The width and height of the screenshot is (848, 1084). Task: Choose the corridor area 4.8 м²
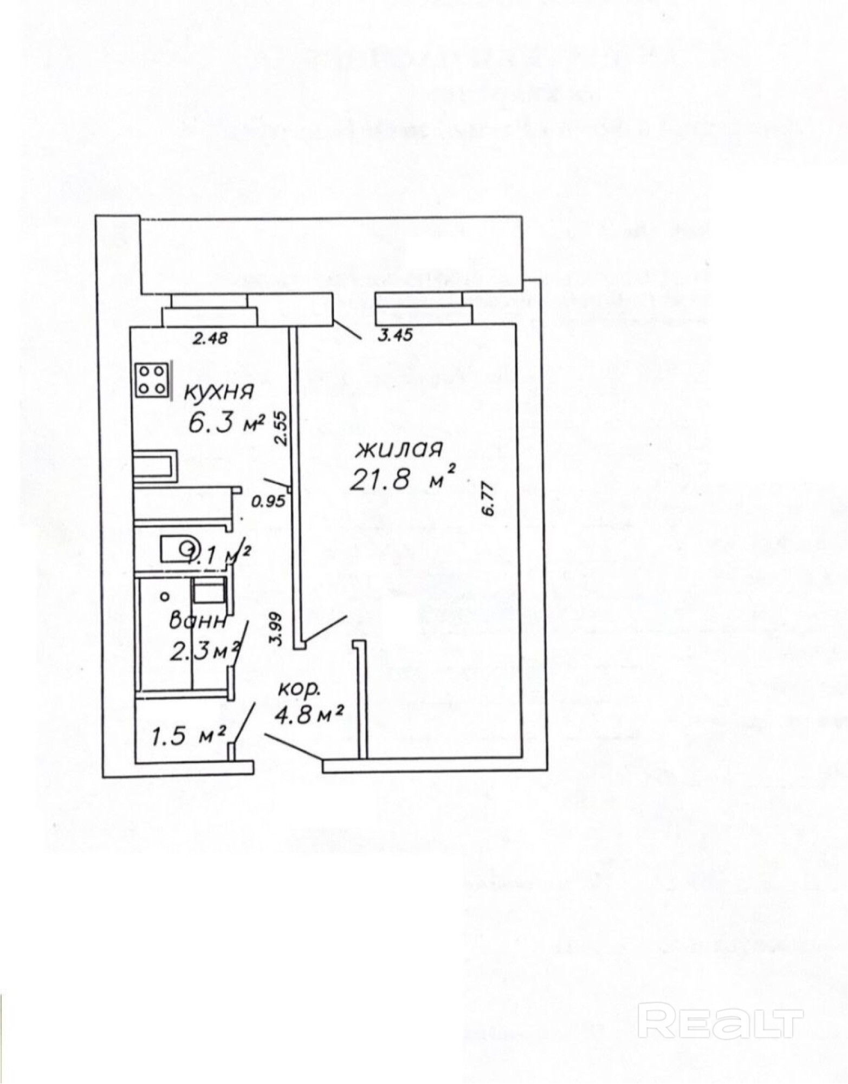coord(309,716)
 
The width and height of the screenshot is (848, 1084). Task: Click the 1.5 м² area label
coord(189,736)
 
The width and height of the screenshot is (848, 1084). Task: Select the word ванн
coord(197,621)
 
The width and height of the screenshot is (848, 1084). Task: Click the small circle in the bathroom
coord(165,596)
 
